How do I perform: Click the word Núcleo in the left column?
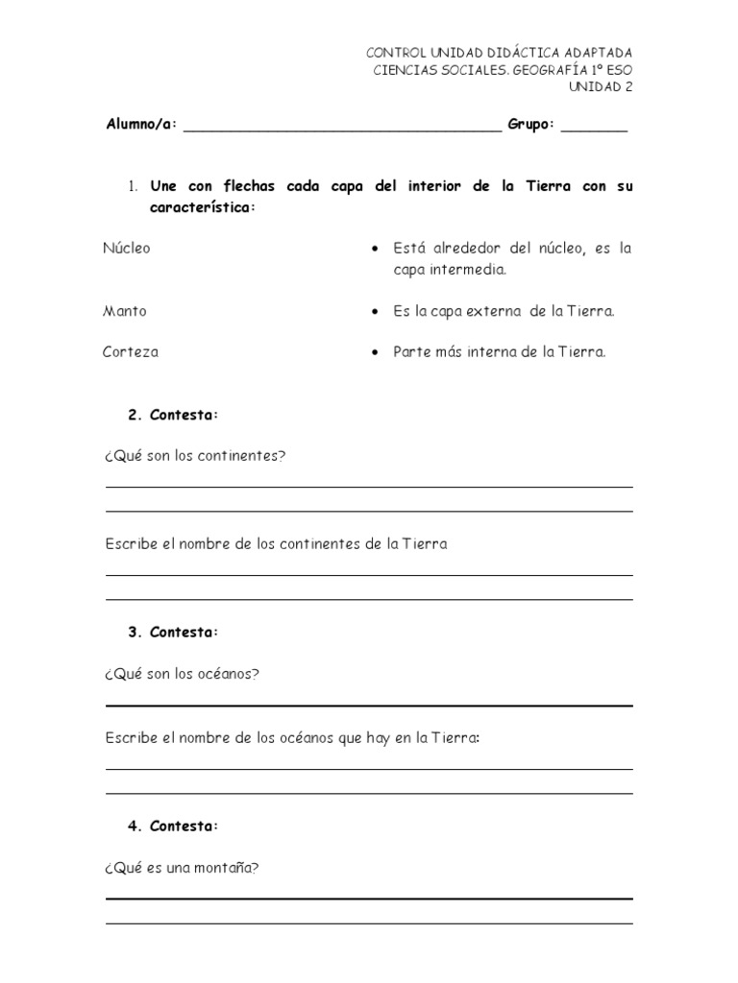tap(127, 248)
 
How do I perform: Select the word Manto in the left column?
tap(125, 311)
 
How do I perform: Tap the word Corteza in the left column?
tap(131, 351)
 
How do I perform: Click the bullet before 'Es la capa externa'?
tap(374, 312)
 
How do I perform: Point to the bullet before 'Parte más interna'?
tap(374, 352)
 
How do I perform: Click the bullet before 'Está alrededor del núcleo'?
tap(374, 249)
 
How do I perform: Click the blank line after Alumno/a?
tap(341, 128)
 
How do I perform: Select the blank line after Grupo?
tap(594, 128)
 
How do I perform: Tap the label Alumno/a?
tap(141, 125)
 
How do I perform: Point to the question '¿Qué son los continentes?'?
tap(195, 455)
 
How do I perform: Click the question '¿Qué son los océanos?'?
tap(182, 673)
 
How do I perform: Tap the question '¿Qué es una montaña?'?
tap(183, 868)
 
